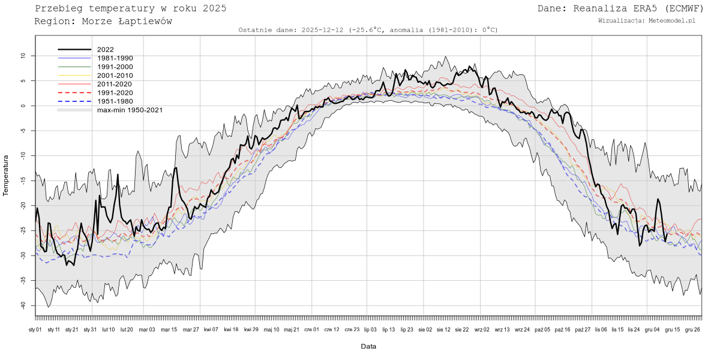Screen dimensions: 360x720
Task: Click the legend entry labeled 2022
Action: point(105,50)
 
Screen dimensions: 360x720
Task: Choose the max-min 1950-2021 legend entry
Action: point(130,110)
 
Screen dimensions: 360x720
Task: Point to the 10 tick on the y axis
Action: point(23,56)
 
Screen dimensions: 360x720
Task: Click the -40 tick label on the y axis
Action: point(22,305)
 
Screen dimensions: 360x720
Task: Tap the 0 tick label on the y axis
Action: point(25,106)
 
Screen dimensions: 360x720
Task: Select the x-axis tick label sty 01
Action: point(35,329)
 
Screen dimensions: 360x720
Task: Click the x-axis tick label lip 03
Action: point(370,329)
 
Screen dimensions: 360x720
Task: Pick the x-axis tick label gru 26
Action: point(692,329)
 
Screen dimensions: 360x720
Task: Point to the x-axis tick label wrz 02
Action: point(482,329)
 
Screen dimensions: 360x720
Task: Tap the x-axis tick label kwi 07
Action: point(211,329)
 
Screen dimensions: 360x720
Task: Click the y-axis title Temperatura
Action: point(6,175)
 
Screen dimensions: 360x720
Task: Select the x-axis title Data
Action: point(368,346)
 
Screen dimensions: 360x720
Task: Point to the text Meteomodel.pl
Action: point(671,20)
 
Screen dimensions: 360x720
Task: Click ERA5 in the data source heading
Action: point(637,8)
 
